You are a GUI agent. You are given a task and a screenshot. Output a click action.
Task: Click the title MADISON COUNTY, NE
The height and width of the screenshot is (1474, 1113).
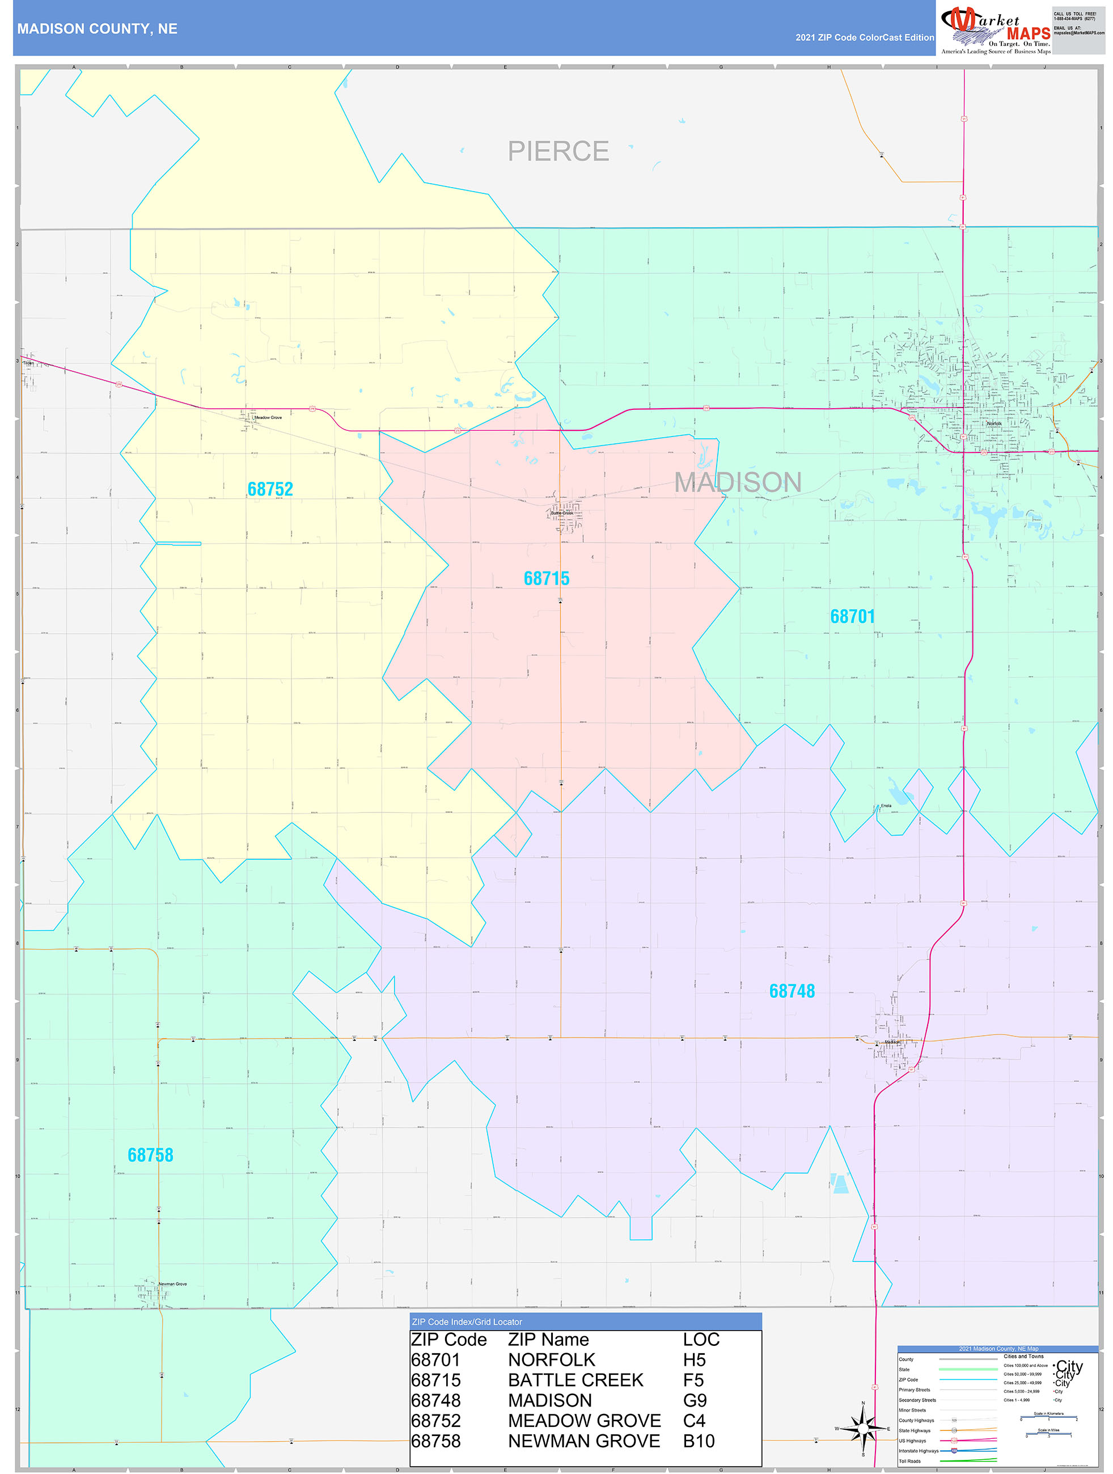click(98, 29)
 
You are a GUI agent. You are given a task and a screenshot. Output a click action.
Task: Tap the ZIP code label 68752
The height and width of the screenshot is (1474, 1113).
click(270, 489)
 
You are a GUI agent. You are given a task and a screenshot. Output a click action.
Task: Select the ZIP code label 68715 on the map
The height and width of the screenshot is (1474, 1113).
click(547, 578)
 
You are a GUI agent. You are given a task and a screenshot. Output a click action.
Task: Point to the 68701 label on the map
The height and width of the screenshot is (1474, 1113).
click(852, 616)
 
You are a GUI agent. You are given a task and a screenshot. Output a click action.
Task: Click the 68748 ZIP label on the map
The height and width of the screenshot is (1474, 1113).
click(792, 991)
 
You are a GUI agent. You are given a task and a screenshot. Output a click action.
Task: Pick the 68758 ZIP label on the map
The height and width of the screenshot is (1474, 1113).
click(151, 1155)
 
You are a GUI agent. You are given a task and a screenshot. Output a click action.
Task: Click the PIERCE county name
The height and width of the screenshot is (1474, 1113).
click(558, 151)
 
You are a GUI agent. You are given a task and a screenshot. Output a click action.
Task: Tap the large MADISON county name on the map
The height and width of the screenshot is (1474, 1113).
click(738, 482)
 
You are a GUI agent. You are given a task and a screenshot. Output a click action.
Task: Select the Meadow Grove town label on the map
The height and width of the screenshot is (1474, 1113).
click(268, 418)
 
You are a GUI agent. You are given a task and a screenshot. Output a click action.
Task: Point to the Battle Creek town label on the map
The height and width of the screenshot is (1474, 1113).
click(562, 513)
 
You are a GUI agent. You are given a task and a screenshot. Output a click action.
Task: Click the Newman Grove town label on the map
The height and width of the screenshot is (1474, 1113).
click(172, 1284)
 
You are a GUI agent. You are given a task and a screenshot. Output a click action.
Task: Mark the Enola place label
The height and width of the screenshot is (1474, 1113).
click(886, 806)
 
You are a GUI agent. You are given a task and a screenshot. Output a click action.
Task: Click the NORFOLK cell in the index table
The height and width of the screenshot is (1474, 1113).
click(551, 1360)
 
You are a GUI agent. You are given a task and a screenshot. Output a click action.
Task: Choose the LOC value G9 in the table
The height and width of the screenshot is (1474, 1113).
click(695, 1401)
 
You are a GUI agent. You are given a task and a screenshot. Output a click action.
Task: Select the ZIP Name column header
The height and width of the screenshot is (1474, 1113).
click(548, 1340)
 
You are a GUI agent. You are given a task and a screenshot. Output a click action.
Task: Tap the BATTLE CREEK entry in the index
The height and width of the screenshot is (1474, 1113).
click(575, 1380)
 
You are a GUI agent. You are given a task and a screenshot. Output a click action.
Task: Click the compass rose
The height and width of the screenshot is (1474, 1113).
click(863, 1429)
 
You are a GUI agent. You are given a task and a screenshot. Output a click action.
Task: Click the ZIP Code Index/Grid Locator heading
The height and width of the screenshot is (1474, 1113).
click(467, 1322)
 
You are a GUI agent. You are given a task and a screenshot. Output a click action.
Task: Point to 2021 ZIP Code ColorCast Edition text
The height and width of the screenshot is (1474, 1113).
click(865, 37)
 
